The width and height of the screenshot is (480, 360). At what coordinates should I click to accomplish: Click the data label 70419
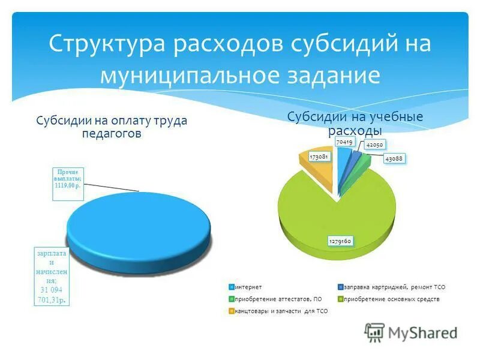[344, 142]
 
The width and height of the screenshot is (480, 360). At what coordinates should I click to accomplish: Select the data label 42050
[374, 145]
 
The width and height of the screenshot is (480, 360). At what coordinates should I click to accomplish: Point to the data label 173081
[317, 157]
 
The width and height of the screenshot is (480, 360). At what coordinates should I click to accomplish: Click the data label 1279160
[340, 241]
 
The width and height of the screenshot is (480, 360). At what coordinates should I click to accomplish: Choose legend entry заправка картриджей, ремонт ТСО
[394, 287]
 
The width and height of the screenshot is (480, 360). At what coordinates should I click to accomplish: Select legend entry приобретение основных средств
[391, 299]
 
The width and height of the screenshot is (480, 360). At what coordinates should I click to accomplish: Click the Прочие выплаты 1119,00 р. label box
[68, 179]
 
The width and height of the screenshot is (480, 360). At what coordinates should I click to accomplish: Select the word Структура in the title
[106, 46]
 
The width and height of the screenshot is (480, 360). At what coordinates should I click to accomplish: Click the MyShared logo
[411, 332]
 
